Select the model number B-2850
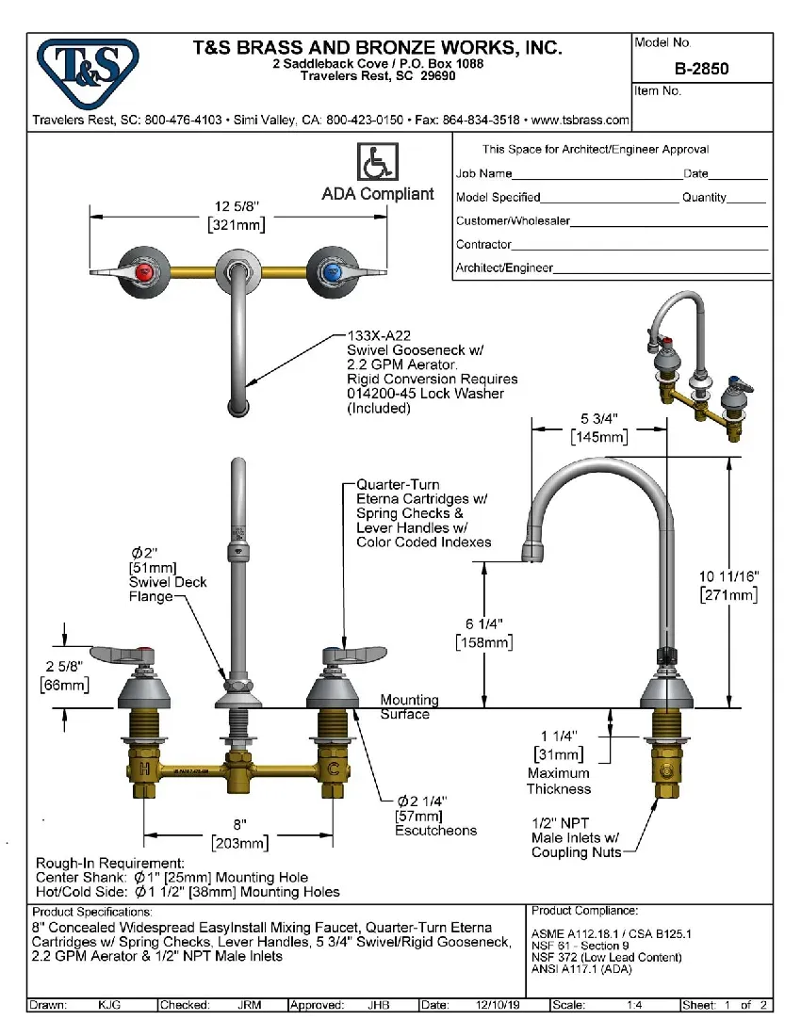point(701,69)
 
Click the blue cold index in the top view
point(330,273)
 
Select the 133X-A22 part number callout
point(379,334)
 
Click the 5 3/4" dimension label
point(598,419)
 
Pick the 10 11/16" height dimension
point(728,575)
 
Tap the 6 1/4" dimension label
point(484,623)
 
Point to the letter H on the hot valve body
point(144,769)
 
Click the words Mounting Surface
point(409,707)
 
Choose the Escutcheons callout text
point(435,830)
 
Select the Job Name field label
point(484,173)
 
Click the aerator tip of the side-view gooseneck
point(533,552)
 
